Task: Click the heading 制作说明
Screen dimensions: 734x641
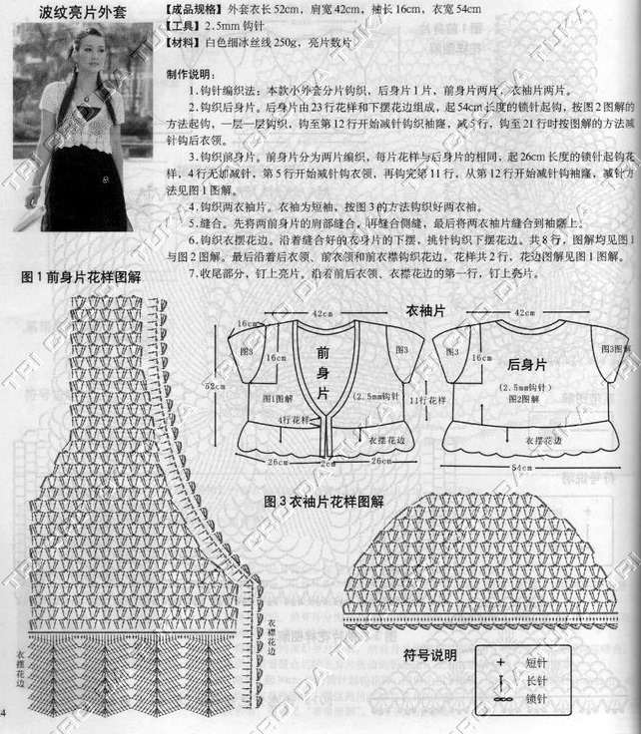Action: (x=190, y=75)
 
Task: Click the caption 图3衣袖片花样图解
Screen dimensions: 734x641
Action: (x=325, y=503)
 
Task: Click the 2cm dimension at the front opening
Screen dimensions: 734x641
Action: (x=324, y=462)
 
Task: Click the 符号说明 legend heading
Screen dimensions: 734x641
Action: (x=429, y=655)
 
